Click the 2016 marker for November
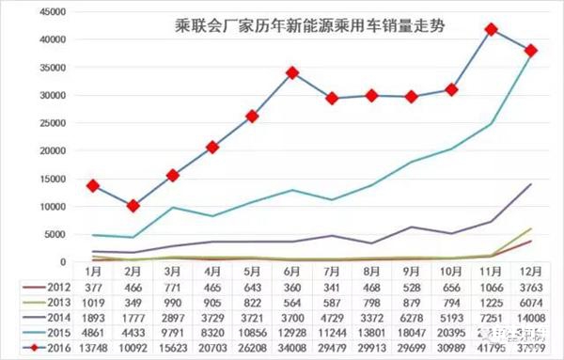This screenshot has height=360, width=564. point(492,30)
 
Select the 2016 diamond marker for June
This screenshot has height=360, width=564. point(292,72)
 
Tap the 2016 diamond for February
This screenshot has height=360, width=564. point(133,205)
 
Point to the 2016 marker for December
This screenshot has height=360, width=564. point(532,51)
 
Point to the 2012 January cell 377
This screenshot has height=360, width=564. point(94,288)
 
